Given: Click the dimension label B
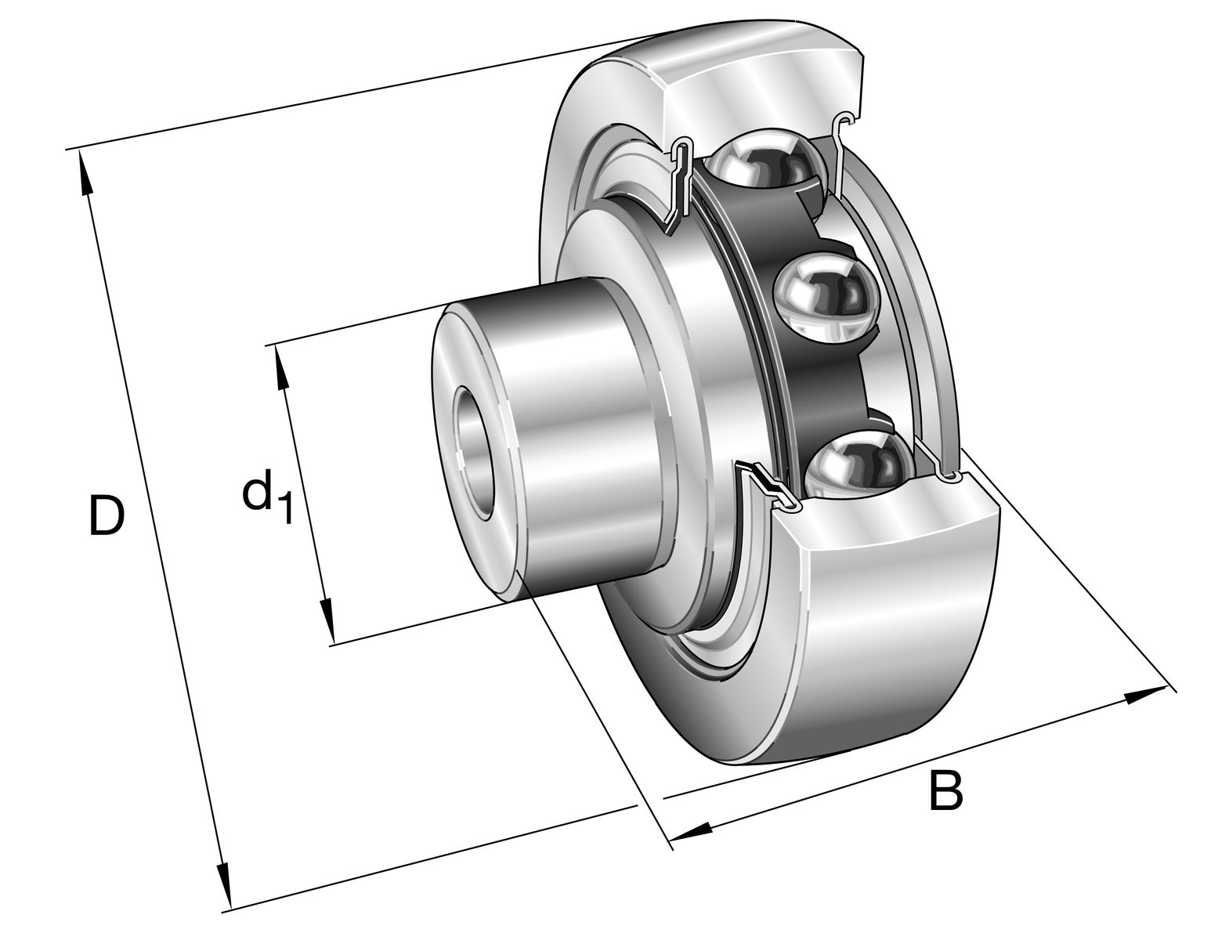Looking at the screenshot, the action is tap(945, 790).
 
